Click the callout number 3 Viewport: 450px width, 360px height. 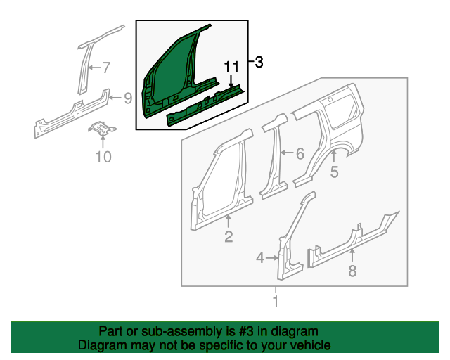point(259,62)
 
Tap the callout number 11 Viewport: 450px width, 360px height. point(231,67)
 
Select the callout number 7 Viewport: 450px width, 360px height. point(106,67)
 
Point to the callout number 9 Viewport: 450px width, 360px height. point(128,98)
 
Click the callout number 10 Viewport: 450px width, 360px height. point(103,157)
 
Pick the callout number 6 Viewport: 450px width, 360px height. point(300,153)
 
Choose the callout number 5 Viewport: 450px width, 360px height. point(335,172)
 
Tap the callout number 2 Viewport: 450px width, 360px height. point(229,237)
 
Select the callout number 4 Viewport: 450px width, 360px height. point(260,258)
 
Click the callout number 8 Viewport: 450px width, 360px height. point(352,270)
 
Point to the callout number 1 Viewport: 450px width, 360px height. point(276,301)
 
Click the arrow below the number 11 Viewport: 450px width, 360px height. point(231,81)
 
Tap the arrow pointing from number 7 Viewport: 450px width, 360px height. point(94,67)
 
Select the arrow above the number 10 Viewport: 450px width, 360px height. point(103,141)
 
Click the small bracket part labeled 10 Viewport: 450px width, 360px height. point(102,128)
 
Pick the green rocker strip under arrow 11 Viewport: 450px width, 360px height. point(206,105)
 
